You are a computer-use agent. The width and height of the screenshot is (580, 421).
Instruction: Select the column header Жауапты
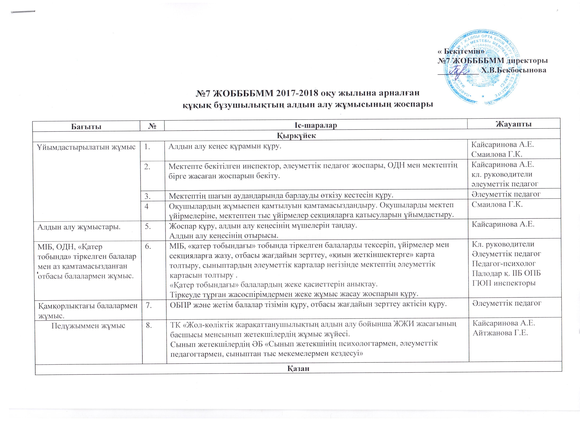[513, 124]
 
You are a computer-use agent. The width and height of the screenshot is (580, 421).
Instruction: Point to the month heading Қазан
[298, 368]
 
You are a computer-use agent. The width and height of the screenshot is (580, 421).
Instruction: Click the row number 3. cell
[147, 195]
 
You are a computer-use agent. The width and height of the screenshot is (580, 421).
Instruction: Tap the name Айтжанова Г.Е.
[500, 333]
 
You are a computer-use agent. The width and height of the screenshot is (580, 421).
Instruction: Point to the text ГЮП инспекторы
[503, 283]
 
